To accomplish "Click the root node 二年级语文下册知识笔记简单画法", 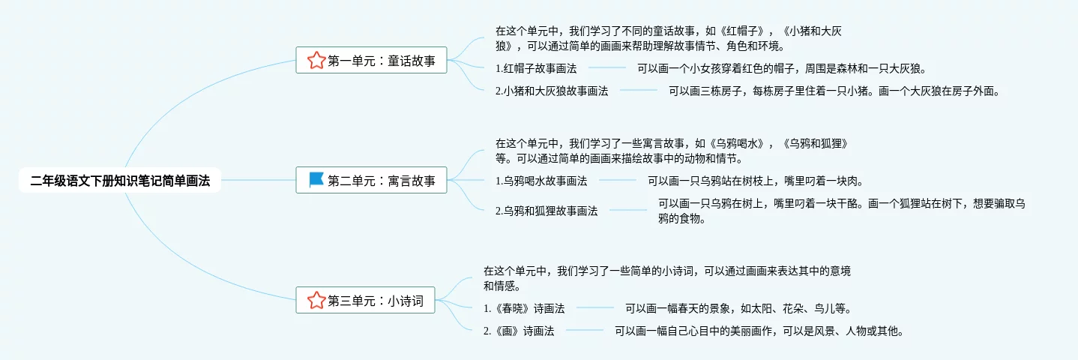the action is (x=120, y=181).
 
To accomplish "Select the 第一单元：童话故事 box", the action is (x=371, y=61).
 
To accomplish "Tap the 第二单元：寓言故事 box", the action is (x=371, y=181).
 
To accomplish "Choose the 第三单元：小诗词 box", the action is (x=365, y=301).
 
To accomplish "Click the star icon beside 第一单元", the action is (x=316, y=61).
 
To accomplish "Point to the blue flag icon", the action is (x=316, y=181).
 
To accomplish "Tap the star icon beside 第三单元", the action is (x=316, y=301).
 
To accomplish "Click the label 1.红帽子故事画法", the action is (x=536, y=68).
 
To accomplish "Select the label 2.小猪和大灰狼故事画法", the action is (x=552, y=91).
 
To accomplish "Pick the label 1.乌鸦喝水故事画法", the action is (x=541, y=181).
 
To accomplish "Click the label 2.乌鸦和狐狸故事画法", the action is (x=546, y=211).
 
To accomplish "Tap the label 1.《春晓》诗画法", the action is (x=524, y=308).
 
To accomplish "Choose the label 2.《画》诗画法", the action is (x=519, y=330).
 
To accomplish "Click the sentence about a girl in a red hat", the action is (x=782, y=68).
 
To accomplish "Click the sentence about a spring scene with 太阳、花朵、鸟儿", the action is (x=738, y=308).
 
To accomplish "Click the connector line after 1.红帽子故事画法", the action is (x=606, y=68).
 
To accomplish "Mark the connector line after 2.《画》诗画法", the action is (x=584, y=330).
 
